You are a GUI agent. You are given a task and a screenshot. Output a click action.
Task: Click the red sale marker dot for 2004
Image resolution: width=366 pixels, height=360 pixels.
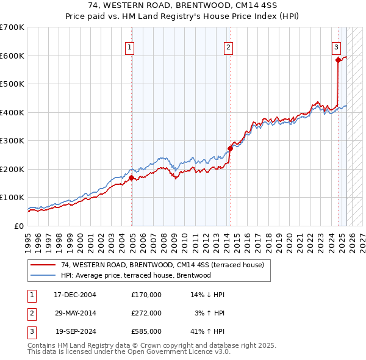click(x=132, y=178)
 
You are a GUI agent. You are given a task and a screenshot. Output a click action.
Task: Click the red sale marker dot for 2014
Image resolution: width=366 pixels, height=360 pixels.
click(x=230, y=148)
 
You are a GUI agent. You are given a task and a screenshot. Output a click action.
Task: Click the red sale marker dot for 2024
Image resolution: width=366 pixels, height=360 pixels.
click(x=338, y=60)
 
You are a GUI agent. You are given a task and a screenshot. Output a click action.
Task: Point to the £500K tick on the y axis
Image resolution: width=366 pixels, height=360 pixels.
click(x=12, y=84)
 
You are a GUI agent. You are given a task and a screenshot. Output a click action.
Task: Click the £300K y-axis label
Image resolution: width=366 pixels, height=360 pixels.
click(x=12, y=140)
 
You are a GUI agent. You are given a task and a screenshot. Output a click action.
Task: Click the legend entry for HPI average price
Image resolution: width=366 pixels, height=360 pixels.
click(x=135, y=275)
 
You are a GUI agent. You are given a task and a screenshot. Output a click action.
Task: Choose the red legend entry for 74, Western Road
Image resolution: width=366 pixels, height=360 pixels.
click(x=162, y=265)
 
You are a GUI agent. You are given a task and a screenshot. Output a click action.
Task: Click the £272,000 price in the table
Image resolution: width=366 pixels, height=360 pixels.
click(x=146, y=313)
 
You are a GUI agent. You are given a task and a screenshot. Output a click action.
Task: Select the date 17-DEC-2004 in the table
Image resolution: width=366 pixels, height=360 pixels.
click(x=74, y=295)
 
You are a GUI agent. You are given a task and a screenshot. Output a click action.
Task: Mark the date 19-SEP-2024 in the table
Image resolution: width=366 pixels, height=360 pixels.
click(x=75, y=331)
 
